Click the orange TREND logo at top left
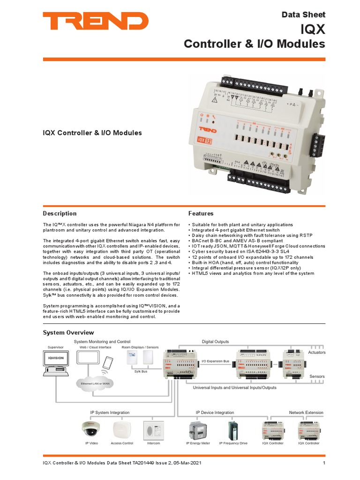96,22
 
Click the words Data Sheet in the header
303,15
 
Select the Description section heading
60,213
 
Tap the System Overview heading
68,332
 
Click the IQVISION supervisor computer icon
56,364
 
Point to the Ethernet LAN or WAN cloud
95,383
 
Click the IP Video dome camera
91,428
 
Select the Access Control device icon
122,429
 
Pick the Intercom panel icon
154,429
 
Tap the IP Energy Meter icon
198,429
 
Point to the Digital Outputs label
215,342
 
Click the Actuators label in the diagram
316,352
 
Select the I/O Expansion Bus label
215,361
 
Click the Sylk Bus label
141,371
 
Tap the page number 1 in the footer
324,464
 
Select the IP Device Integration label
215,412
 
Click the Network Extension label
306,412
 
